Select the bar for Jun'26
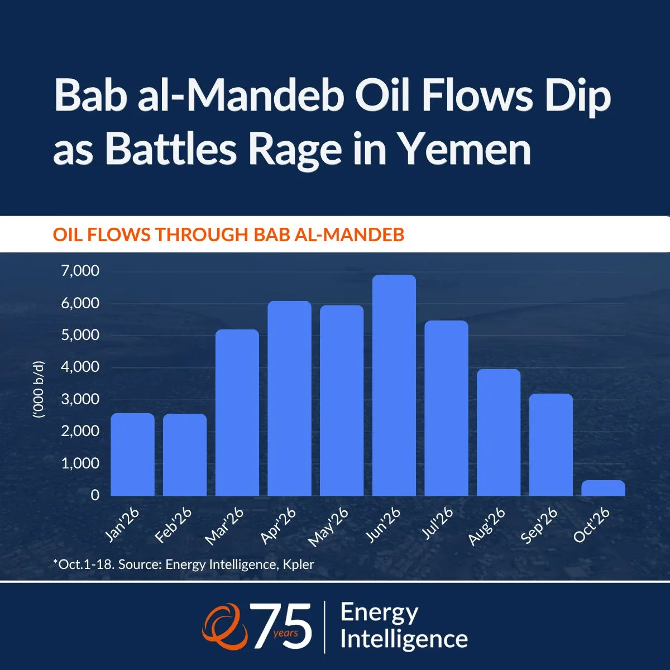[394, 385]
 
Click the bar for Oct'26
[603, 488]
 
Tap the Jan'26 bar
[132, 454]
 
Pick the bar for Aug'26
[499, 433]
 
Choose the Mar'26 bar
[237, 413]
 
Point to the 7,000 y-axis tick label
[80, 271]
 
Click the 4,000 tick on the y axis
[80, 367]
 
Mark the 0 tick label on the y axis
[95, 495]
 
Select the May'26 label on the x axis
[328, 527]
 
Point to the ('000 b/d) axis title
[39, 389]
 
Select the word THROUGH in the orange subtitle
[202, 234]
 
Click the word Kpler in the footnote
[298, 564]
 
